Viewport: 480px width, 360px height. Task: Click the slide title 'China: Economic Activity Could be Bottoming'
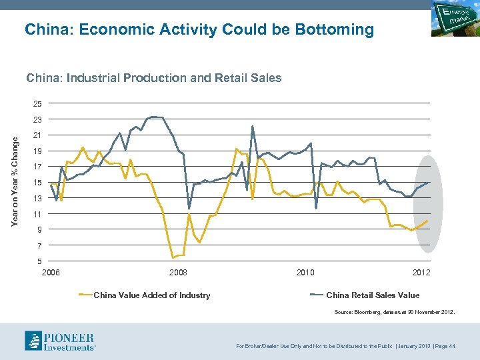click(199, 30)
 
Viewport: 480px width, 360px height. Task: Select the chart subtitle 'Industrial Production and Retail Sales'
click(154, 78)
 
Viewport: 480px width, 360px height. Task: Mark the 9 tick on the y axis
click(38, 230)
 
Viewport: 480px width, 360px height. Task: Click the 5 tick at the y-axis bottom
click(38, 261)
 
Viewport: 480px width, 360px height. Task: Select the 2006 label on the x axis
click(51, 273)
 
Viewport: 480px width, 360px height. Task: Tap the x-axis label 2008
click(178, 273)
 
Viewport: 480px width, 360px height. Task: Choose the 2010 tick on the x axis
click(305, 273)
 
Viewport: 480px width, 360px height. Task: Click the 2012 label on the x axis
click(421, 273)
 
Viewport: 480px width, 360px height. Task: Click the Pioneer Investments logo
click(60, 341)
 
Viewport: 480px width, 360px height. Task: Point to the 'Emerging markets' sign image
click(453, 19)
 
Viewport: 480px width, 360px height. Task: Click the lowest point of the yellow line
click(173, 257)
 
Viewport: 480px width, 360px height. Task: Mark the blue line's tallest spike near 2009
click(253, 127)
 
